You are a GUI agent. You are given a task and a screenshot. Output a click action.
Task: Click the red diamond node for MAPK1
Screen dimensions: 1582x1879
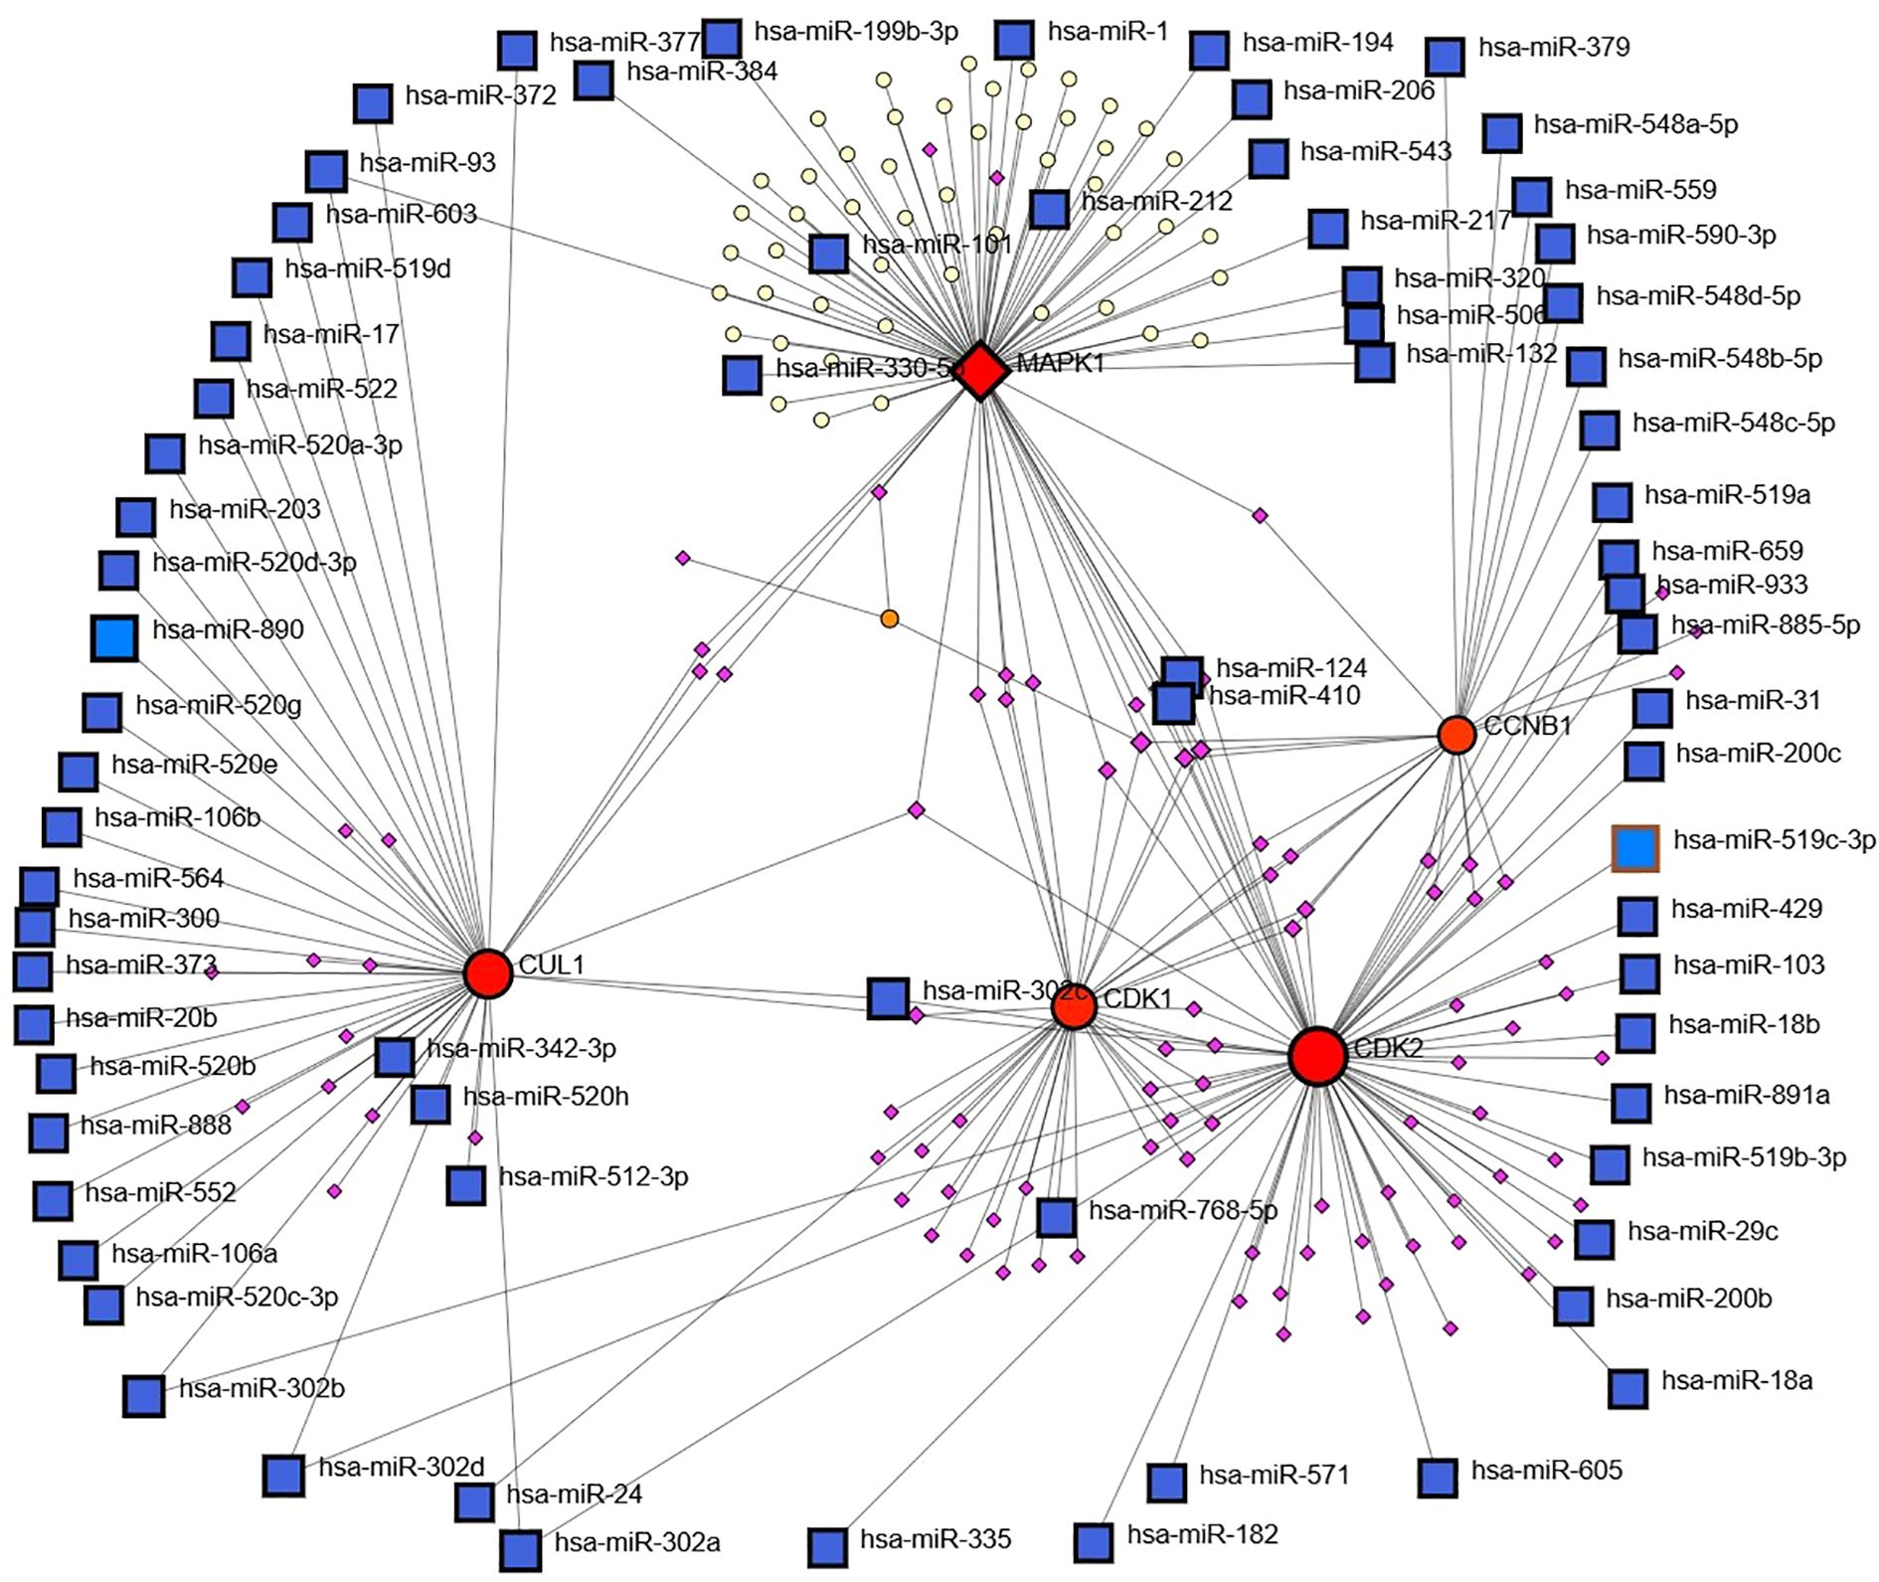coord(982,371)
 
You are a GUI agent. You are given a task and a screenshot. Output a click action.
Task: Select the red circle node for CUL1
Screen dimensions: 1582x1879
coord(487,972)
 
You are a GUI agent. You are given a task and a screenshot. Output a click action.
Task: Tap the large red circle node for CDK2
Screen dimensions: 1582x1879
coord(1317,1056)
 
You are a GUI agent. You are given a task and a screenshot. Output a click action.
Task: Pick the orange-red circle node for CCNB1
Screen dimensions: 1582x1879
coord(1456,735)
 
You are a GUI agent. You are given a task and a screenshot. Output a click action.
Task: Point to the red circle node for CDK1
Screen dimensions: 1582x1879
coord(1074,1007)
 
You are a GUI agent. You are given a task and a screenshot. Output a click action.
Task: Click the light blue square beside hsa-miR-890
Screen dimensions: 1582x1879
coord(114,638)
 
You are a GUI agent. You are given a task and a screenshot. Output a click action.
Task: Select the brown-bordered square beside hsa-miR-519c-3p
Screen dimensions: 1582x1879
coord(1635,848)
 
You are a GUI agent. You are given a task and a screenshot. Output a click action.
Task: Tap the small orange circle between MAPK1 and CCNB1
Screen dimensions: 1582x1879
coord(890,618)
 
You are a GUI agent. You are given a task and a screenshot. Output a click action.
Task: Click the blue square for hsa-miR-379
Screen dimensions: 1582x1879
coord(1445,56)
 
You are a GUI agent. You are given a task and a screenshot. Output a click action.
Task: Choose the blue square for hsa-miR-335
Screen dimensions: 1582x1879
coord(827,1547)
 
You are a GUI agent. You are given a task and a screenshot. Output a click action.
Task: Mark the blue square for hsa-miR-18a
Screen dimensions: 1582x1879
coord(1627,1388)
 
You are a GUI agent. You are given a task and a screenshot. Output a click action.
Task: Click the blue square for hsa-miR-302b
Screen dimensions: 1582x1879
coord(143,1395)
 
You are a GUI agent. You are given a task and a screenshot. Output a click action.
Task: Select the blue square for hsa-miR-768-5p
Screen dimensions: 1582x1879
coord(1056,1217)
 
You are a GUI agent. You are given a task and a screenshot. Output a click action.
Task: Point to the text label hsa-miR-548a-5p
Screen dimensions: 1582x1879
coord(1635,124)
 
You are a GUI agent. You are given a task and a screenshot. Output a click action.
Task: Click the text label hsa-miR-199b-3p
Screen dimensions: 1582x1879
coord(856,32)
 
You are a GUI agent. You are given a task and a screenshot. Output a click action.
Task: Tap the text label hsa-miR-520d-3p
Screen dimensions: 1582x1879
coord(254,563)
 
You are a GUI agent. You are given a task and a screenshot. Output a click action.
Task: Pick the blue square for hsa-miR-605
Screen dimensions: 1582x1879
coord(1438,1478)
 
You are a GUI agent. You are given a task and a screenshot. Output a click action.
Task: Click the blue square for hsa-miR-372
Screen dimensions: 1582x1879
coord(373,103)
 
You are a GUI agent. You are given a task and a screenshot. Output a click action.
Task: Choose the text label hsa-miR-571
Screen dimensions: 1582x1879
coord(1274,1475)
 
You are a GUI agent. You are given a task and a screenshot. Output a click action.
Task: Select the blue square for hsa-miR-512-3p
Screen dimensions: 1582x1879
coord(465,1184)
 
